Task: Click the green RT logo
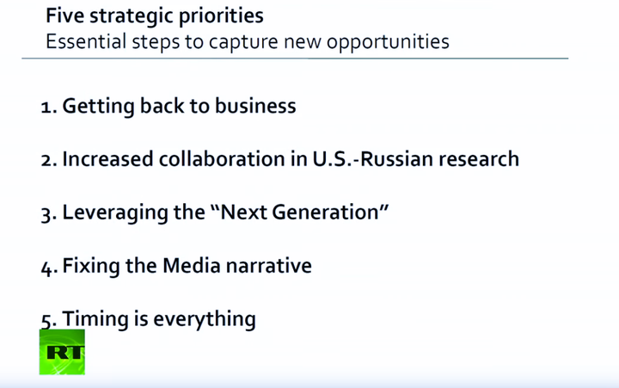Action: click(62, 352)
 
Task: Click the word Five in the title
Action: click(64, 15)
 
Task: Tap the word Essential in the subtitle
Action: click(86, 41)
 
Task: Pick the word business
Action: click(255, 106)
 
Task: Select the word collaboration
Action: click(222, 159)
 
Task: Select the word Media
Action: click(192, 265)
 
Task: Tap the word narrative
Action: click(269, 266)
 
